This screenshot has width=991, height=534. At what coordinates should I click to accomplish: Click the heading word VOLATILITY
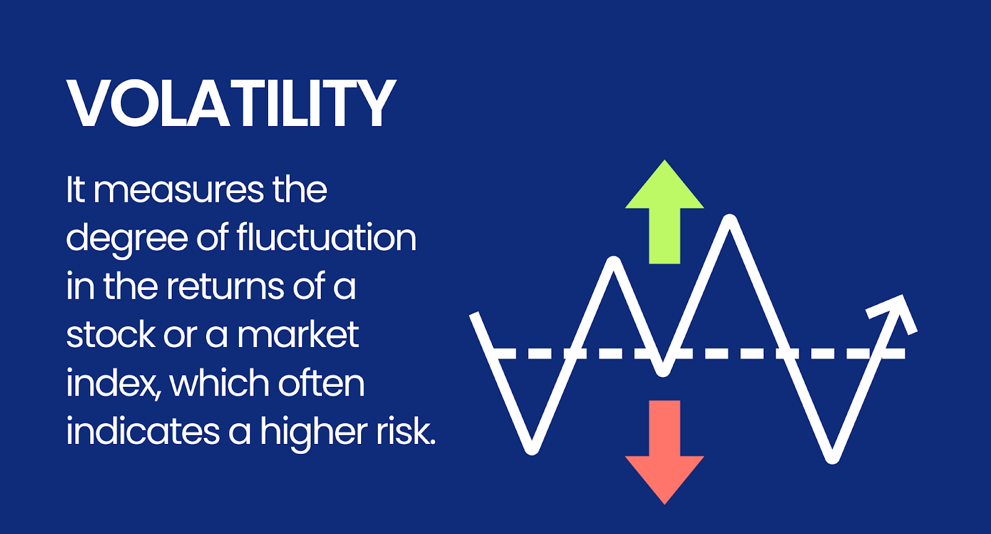point(231,104)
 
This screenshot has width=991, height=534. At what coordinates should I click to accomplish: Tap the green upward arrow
point(665,212)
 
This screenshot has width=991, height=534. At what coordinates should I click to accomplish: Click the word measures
point(179,191)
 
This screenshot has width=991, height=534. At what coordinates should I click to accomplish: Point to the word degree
point(127,239)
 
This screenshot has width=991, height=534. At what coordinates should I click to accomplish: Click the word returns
point(225,287)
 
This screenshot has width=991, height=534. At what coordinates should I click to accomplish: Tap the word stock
point(111,334)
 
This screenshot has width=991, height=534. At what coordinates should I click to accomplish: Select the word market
point(298,334)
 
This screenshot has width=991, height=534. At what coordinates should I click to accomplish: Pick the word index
point(112,384)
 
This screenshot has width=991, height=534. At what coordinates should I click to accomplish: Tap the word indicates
point(143,432)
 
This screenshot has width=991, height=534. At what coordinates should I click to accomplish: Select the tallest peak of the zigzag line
point(730,220)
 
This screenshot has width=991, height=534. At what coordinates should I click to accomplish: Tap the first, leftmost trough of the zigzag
point(532,449)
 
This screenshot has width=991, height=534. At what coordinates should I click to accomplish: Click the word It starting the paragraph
point(75,190)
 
